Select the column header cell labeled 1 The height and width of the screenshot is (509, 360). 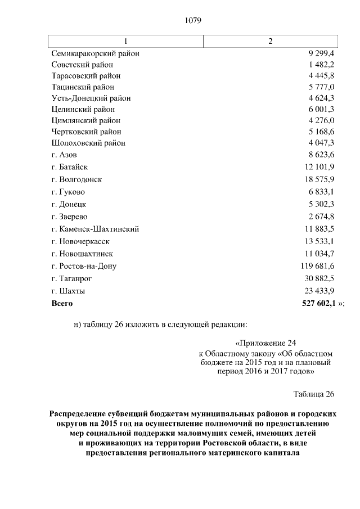pyautogui.click(x=125, y=42)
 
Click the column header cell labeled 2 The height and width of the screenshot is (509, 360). pyautogui.click(x=271, y=42)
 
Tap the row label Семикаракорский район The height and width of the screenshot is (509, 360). pyautogui.click(x=95, y=53)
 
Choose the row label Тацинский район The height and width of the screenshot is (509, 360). pyautogui.click(x=82, y=87)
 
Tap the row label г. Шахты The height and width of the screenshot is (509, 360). pyautogui.click(x=67, y=291)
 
